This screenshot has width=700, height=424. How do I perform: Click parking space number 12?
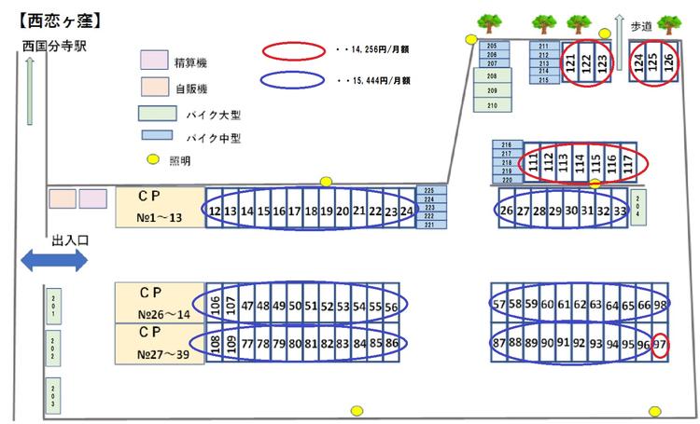click(x=215, y=212)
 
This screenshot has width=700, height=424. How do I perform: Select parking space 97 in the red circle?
click(x=659, y=345)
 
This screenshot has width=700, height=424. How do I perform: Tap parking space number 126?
click(x=667, y=63)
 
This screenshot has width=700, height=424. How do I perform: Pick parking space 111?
click(x=533, y=164)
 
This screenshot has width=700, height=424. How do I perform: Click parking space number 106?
click(x=216, y=304)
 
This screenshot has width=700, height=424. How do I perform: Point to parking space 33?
click(x=620, y=211)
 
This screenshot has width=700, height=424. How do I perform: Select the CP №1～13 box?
click(x=158, y=208)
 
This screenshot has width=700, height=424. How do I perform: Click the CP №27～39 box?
click(x=158, y=344)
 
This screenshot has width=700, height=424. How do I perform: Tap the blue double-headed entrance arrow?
click(x=54, y=260)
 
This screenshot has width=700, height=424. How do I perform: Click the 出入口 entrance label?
click(x=70, y=239)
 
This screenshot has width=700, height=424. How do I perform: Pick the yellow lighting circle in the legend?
click(x=155, y=159)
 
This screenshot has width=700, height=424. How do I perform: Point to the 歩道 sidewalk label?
click(x=642, y=28)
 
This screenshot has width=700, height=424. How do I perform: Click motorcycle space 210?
click(x=492, y=106)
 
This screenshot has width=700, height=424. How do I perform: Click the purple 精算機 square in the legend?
click(x=153, y=62)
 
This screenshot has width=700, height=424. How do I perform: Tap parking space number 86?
click(x=392, y=344)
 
